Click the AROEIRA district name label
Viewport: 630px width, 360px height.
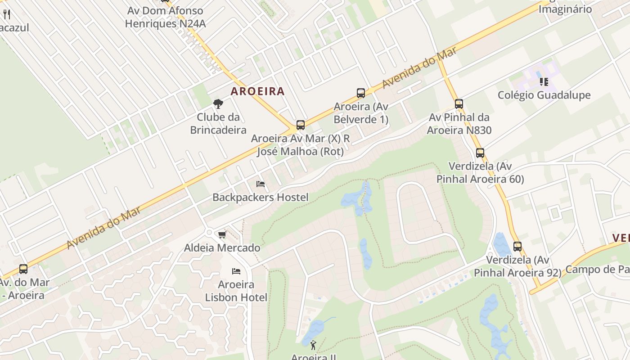[258, 91]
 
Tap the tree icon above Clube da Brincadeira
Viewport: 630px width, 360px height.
[218, 104]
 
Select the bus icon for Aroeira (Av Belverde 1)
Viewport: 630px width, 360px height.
[361, 93]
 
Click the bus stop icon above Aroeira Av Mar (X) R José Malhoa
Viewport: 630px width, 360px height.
[301, 125]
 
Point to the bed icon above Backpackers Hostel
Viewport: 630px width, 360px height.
[260, 184]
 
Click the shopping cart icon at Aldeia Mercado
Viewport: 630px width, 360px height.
[222, 234]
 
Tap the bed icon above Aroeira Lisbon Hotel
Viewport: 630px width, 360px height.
[236, 271]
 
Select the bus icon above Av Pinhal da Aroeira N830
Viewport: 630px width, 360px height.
[459, 104]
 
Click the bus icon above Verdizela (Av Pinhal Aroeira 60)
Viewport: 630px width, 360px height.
[480, 153]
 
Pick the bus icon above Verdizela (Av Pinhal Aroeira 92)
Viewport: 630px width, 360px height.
[517, 247]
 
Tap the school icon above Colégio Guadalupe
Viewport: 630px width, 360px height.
[544, 82]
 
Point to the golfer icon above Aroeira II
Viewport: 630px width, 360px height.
[313, 346]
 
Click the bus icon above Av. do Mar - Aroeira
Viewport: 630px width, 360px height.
[23, 269]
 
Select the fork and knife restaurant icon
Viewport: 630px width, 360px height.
[7, 14]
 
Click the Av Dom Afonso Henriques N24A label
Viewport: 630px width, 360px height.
[165, 17]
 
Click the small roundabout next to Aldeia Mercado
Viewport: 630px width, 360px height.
[209, 232]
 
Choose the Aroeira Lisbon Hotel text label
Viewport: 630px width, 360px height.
[236, 291]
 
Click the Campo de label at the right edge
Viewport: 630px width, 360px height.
[597, 269]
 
